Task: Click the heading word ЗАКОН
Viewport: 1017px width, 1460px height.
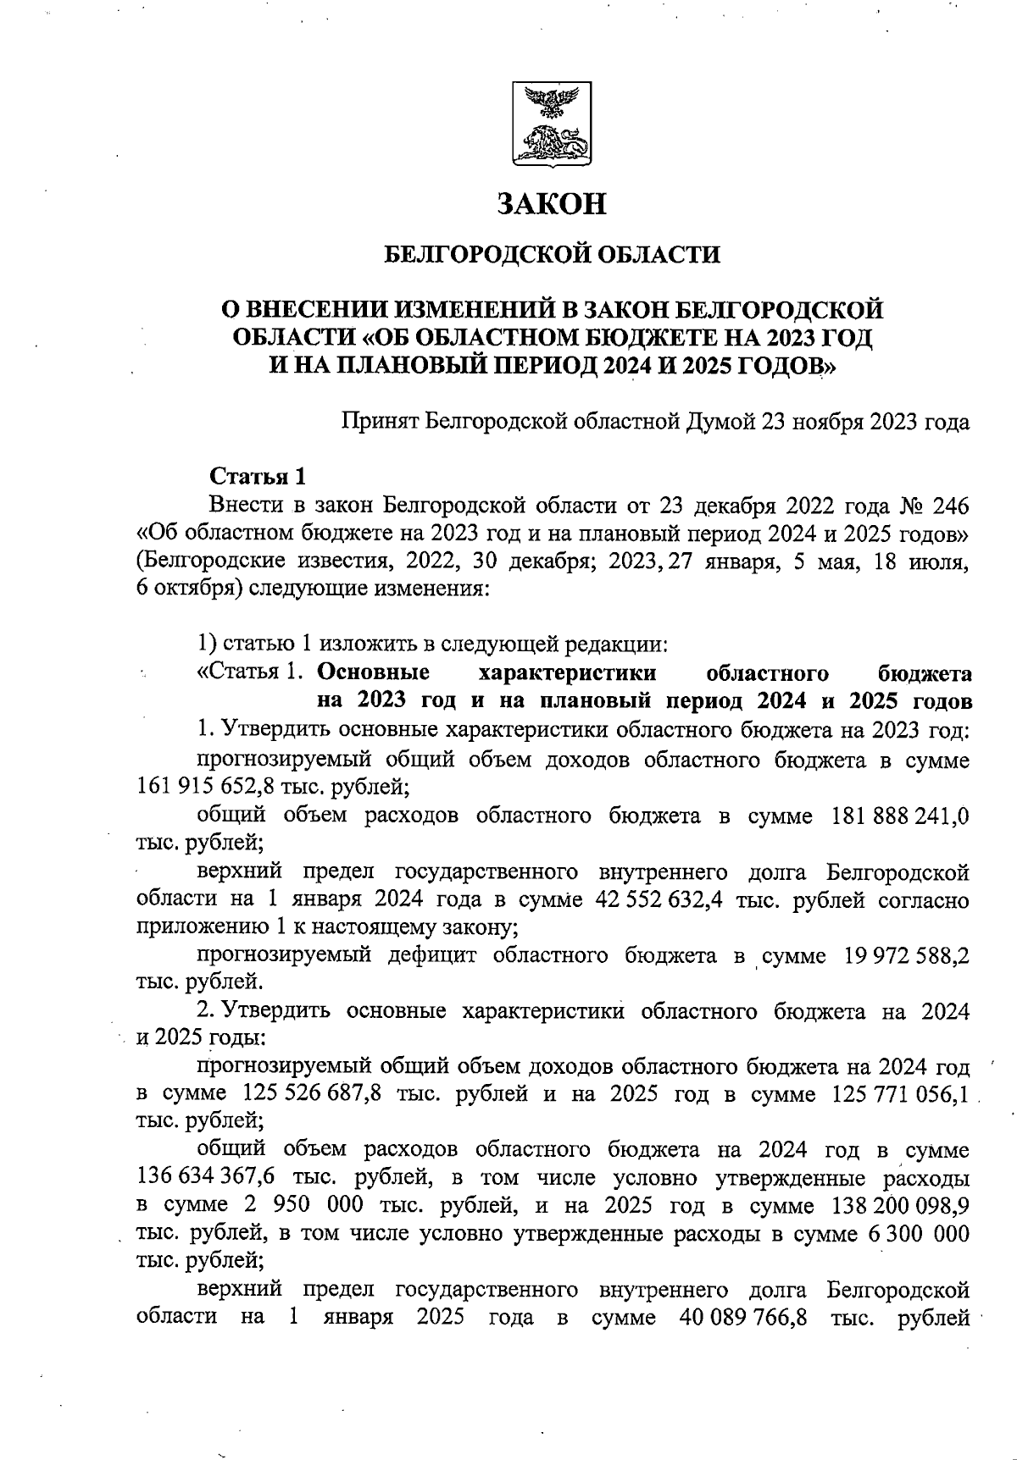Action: (552, 204)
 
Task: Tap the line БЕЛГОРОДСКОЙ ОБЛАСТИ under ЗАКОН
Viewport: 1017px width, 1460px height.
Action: (552, 254)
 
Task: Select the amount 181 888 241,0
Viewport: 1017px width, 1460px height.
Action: (902, 816)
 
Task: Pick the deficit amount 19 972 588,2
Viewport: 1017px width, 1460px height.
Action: (907, 956)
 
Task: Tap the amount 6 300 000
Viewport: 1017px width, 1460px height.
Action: (920, 1233)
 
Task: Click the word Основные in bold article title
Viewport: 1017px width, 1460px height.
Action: (373, 673)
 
